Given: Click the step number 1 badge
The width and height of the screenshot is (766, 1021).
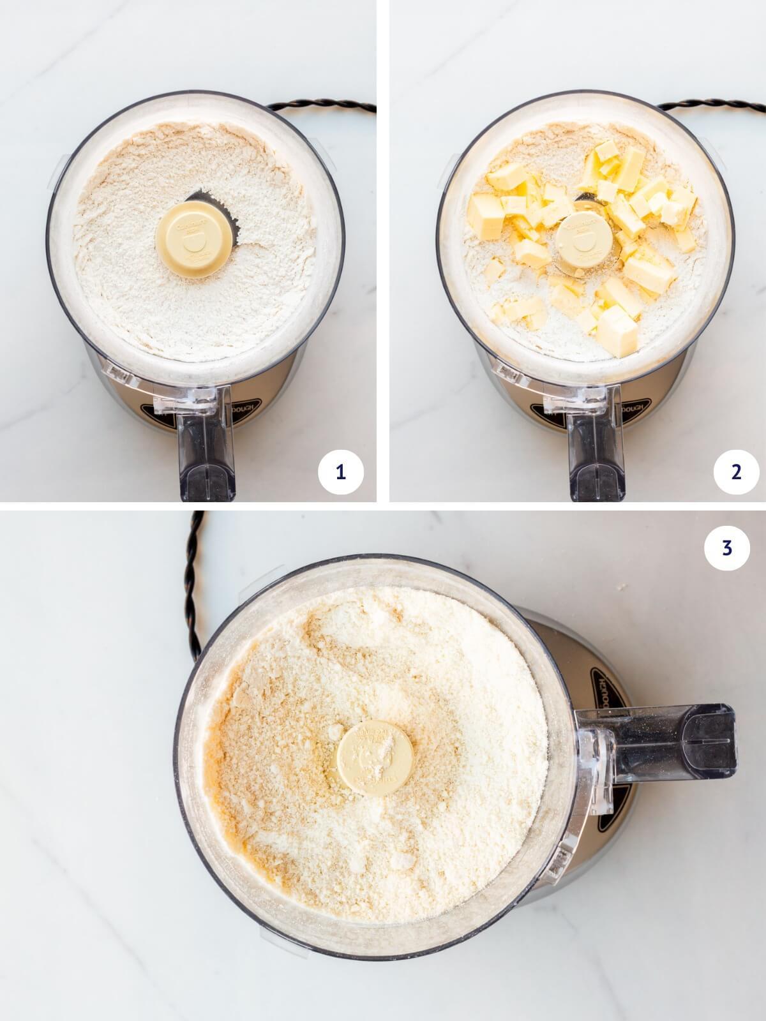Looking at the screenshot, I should [x=340, y=472].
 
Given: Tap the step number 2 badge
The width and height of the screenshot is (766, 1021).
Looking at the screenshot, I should [x=736, y=472].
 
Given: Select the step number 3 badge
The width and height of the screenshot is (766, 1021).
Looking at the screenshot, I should [x=727, y=548].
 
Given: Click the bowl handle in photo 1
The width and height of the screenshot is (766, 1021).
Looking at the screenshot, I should [x=206, y=447].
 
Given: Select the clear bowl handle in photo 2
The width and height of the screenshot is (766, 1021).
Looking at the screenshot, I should [x=596, y=447].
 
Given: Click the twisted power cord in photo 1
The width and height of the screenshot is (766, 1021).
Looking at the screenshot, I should [x=319, y=105].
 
